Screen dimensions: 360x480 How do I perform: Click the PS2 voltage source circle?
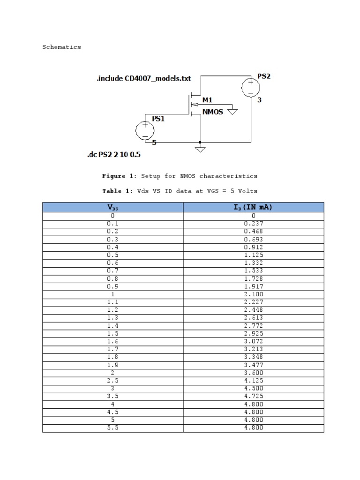coord(251,88)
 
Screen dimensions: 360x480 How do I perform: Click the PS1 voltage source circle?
coord(145,130)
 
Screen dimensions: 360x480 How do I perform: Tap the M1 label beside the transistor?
coord(207,100)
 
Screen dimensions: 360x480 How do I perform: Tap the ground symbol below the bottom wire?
coord(201,149)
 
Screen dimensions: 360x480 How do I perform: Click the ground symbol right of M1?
coord(232,111)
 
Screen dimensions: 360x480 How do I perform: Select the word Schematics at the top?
coord(61,47)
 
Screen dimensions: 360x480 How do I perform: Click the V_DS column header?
coord(112,207)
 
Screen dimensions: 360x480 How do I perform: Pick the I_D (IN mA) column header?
coord(253,207)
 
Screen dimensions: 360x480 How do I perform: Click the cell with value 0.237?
coord(253,224)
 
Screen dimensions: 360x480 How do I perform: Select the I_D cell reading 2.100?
coord(253,294)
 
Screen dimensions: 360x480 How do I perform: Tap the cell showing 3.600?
coord(253,373)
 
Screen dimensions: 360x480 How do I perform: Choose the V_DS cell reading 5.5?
coord(112,427)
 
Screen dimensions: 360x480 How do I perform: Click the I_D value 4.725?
coord(253,396)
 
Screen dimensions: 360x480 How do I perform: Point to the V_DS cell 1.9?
coord(112,365)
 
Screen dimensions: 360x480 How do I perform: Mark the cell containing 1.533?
coord(253,270)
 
